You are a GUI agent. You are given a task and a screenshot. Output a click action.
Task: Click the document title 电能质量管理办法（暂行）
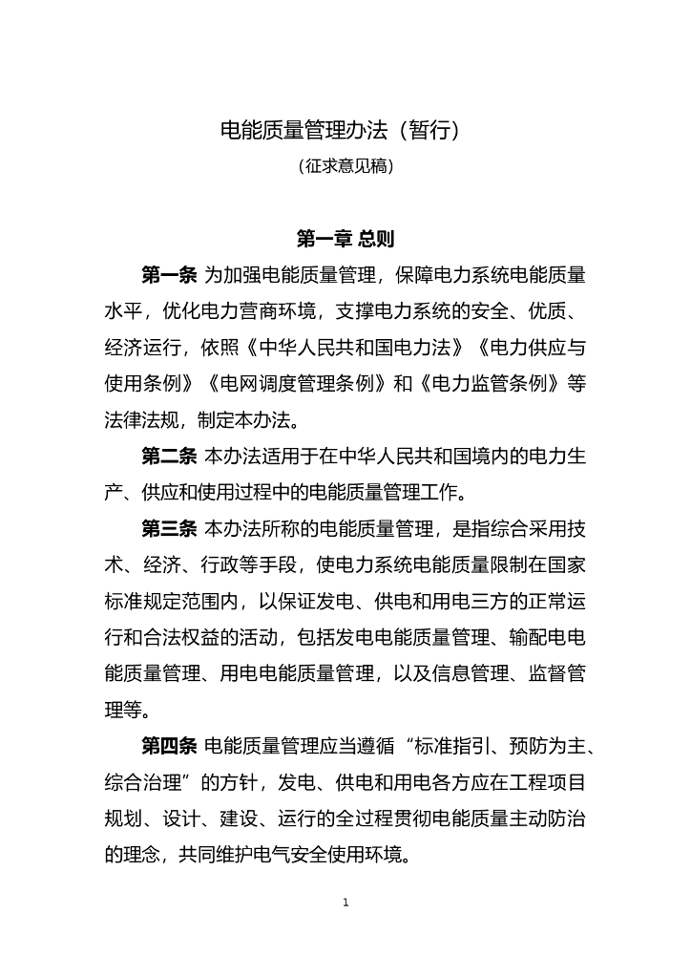[345, 130]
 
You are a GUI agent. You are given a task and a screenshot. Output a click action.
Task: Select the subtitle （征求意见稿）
[345, 166]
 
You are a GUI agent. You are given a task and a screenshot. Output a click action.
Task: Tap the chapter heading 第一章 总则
[345, 238]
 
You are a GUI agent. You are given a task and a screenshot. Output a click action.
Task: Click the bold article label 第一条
[169, 275]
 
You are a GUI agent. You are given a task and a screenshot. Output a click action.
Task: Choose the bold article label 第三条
[169, 528]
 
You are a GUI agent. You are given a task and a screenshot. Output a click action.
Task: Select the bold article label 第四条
[169, 745]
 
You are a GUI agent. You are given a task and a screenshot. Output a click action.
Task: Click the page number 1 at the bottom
[345, 902]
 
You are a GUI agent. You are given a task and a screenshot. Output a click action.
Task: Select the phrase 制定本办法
[242, 420]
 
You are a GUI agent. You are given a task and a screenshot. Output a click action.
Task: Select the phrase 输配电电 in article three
[548, 637]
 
